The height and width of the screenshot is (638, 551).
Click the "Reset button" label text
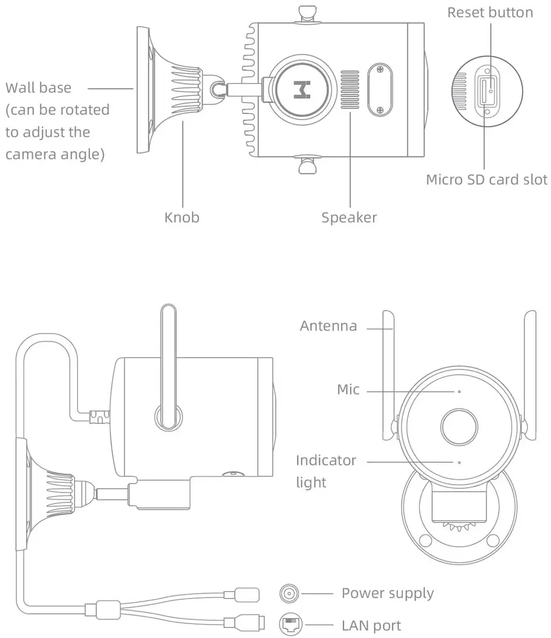coord(490,13)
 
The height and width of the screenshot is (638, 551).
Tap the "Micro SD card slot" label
coord(486,180)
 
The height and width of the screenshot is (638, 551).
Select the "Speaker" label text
coord(349,217)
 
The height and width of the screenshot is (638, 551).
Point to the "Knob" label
coord(181,217)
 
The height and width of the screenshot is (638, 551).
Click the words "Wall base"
coord(38,88)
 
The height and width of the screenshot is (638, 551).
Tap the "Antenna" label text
coord(328,326)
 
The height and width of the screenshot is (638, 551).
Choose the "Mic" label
coord(348,389)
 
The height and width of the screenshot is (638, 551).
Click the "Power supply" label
coord(387,593)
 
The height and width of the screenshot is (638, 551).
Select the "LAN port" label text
coord(371,625)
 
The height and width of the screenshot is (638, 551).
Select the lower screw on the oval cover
coord(380,110)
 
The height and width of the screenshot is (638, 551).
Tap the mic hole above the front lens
coord(459,391)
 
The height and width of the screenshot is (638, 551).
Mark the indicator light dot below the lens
coord(459,462)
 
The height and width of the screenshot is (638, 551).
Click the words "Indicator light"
coord(326,471)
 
